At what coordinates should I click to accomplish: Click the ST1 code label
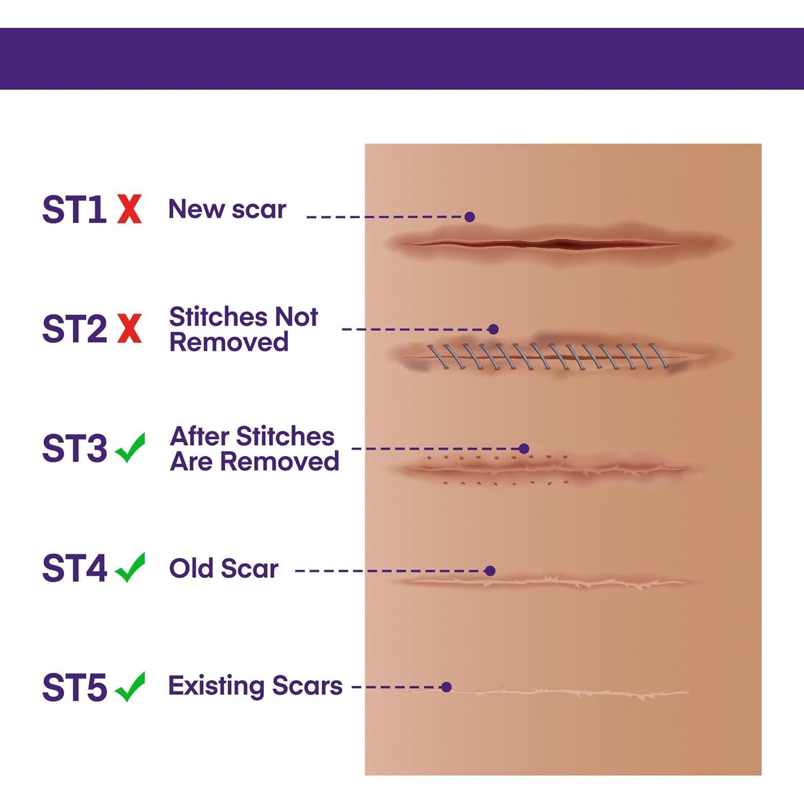(x=74, y=209)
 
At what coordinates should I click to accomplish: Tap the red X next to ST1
(x=129, y=209)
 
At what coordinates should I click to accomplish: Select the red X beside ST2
(x=129, y=329)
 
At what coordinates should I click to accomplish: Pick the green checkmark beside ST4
(x=130, y=567)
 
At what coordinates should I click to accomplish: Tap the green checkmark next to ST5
(x=130, y=687)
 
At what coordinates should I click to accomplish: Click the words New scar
(x=227, y=209)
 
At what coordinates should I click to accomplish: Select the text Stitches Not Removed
(x=243, y=329)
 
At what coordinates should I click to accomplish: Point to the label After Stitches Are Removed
(x=254, y=449)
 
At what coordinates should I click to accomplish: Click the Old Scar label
(x=224, y=568)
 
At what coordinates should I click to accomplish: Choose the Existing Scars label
(x=255, y=686)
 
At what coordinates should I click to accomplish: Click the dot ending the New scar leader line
(x=470, y=217)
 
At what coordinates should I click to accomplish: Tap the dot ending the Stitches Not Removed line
(x=494, y=329)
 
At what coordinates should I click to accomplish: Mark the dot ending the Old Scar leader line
(x=489, y=571)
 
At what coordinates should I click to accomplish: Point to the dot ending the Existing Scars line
(x=446, y=687)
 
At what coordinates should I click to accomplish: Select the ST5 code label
(x=75, y=687)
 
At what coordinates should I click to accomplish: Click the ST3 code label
(x=75, y=448)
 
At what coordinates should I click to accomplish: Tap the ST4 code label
(x=75, y=568)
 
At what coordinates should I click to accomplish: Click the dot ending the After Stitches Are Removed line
(x=524, y=449)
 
